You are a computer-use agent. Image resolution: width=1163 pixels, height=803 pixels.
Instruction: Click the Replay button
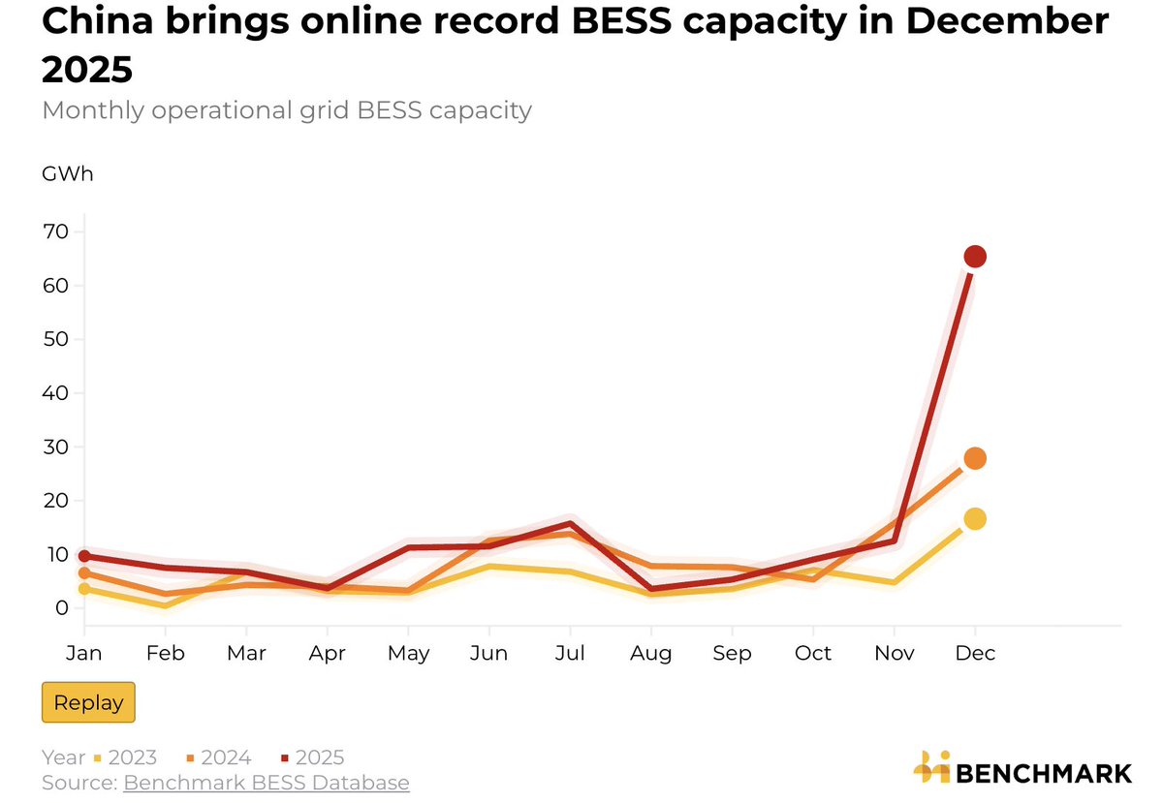pos(88,703)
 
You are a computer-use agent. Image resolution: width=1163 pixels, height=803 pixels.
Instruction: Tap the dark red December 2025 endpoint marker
pos(975,257)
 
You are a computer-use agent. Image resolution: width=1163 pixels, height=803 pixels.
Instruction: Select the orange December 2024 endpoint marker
pos(975,458)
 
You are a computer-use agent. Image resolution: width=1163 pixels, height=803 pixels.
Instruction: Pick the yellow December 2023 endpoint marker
pos(975,519)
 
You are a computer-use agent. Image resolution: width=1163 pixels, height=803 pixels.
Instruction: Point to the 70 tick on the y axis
pos(55,232)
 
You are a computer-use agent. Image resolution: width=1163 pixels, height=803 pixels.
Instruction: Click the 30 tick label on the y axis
pos(55,448)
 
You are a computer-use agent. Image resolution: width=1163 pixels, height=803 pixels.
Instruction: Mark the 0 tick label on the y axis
pos(61,608)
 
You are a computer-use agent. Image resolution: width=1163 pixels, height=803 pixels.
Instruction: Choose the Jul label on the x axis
pos(570,654)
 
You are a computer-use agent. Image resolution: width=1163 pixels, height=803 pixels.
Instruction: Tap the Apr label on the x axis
pos(328,654)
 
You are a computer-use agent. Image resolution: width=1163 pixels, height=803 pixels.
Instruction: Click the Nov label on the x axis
pos(895,654)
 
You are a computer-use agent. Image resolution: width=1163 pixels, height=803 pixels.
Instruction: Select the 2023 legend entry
pos(128,757)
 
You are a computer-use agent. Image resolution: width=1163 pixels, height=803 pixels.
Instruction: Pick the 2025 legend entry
pos(316,757)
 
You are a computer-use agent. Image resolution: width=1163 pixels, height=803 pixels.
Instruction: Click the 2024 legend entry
pos(222,757)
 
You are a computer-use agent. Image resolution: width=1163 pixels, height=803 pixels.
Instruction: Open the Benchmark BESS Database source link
pos(266,783)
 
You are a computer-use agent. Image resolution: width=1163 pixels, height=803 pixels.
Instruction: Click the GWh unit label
pos(68,174)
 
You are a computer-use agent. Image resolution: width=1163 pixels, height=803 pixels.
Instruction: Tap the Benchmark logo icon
pos(932,767)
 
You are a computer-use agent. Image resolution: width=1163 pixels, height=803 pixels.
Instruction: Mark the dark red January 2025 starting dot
pos(84,556)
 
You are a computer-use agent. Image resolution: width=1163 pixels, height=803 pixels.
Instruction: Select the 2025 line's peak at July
pos(570,524)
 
